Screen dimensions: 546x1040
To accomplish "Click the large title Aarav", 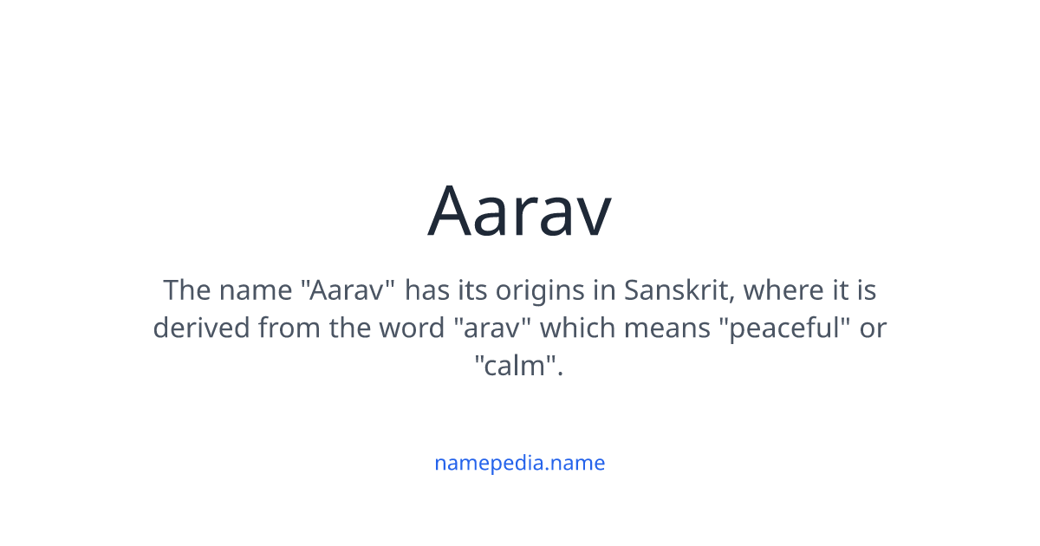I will point(519,211).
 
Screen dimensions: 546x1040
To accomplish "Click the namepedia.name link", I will point(519,463).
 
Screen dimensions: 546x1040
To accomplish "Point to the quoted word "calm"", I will point(519,367).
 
